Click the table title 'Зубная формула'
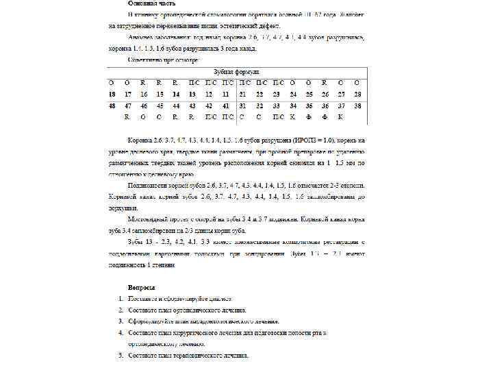(x=237, y=71)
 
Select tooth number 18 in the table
(x=111, y=94)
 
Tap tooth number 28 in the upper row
(x=357, y=94)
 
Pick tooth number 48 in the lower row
(x=111, y=106)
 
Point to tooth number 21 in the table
(x=243, y=94)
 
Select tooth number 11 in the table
(x=225, y=94)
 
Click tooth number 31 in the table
(x=243, y=106)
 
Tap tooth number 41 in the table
(x=225, y=106)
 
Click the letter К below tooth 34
(x=292, y=117)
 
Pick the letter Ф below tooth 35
(x=309, y=117)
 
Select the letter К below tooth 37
(x=340, y=117)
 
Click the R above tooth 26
(x=324, y=82)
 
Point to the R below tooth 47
(x=127, y=117)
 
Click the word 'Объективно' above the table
(x=148, y=60)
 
